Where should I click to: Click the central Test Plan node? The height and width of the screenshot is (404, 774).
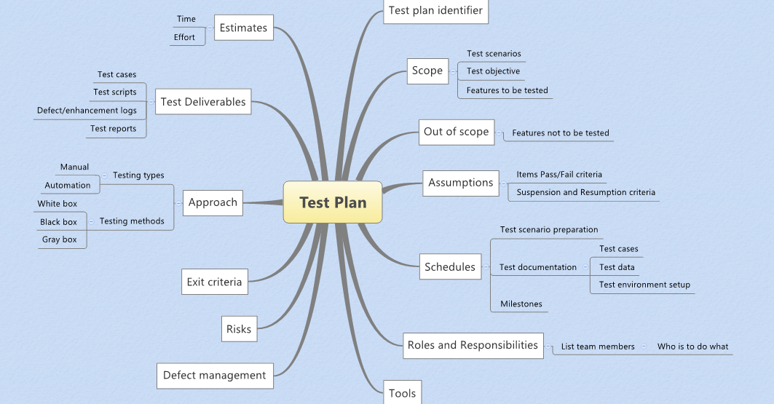tap(333, 202)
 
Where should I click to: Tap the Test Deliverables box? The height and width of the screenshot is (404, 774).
tap(203, 102)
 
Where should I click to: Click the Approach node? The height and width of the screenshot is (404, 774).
tap(213, 202)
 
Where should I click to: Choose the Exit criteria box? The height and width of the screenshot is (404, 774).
tap(214, 282)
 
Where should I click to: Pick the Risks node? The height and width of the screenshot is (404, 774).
tap(239, 329)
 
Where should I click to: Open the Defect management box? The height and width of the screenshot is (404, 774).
tap(215, 376)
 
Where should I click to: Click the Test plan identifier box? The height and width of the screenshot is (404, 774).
tap(435, 11)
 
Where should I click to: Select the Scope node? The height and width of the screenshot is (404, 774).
tap(427, 71)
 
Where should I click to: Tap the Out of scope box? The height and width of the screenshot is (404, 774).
tap(457, 132)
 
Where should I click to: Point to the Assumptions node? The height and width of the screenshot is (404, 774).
tap(461, 183)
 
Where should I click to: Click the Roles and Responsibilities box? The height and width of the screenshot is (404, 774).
tap(473, 345)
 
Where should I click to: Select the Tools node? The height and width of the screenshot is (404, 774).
tap(402, 393)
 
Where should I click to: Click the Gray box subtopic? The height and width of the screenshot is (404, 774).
tap(60, 239)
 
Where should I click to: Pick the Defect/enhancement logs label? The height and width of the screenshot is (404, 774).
tap(87, 111)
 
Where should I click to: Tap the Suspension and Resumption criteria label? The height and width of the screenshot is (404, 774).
tap(586, 193)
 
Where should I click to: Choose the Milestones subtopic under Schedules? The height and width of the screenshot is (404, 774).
tap(521, 304)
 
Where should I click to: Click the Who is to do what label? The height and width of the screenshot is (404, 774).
tap(692, 346)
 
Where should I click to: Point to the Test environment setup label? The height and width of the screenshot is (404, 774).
tap(644, 285)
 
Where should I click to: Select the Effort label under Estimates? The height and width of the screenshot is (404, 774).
tap(184, 37)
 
